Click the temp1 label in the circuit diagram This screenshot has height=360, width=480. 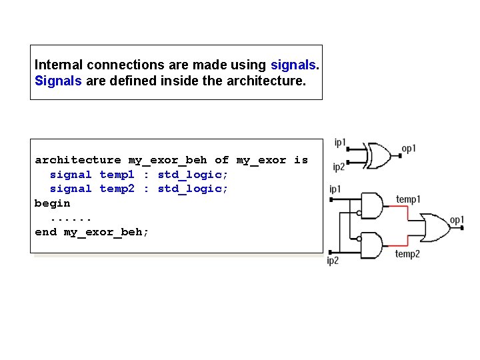click(407, 199)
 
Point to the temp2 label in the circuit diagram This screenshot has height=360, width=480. click(407, 254)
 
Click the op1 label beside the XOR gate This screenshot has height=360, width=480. click(409, 148)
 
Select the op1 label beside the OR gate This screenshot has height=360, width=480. click(457, 220)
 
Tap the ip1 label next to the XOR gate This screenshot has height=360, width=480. click(340, 143)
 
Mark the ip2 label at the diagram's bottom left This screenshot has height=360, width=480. click(333, 261)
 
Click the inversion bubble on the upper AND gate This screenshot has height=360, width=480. click(359, 213)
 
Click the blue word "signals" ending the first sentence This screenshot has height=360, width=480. click(293, 65)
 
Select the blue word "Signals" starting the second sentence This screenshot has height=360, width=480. click(58, 81)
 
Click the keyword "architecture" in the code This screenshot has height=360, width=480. click(77, 160)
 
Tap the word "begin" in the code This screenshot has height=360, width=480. click(52, 203)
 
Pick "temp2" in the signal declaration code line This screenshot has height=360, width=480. click(117, 189)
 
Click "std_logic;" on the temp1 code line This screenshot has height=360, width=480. click(193, 175)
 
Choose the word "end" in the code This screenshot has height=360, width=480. click(45, 232)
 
